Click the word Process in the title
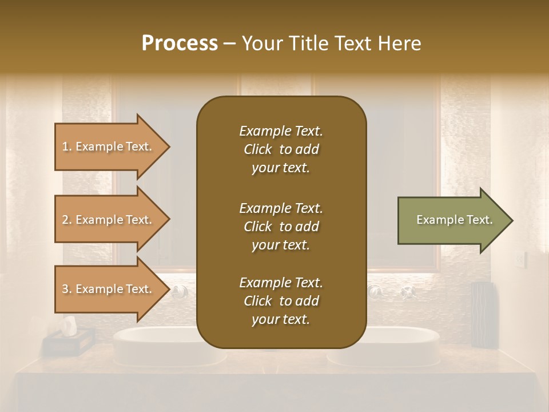point(180,43)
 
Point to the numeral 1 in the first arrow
point(65,146)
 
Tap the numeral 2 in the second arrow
point(65,220)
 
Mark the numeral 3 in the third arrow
point(65,289)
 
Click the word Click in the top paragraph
point(258,150)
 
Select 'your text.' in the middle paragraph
point(281,245)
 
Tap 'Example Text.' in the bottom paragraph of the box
point(281,283)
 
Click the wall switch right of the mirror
point(519,260)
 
